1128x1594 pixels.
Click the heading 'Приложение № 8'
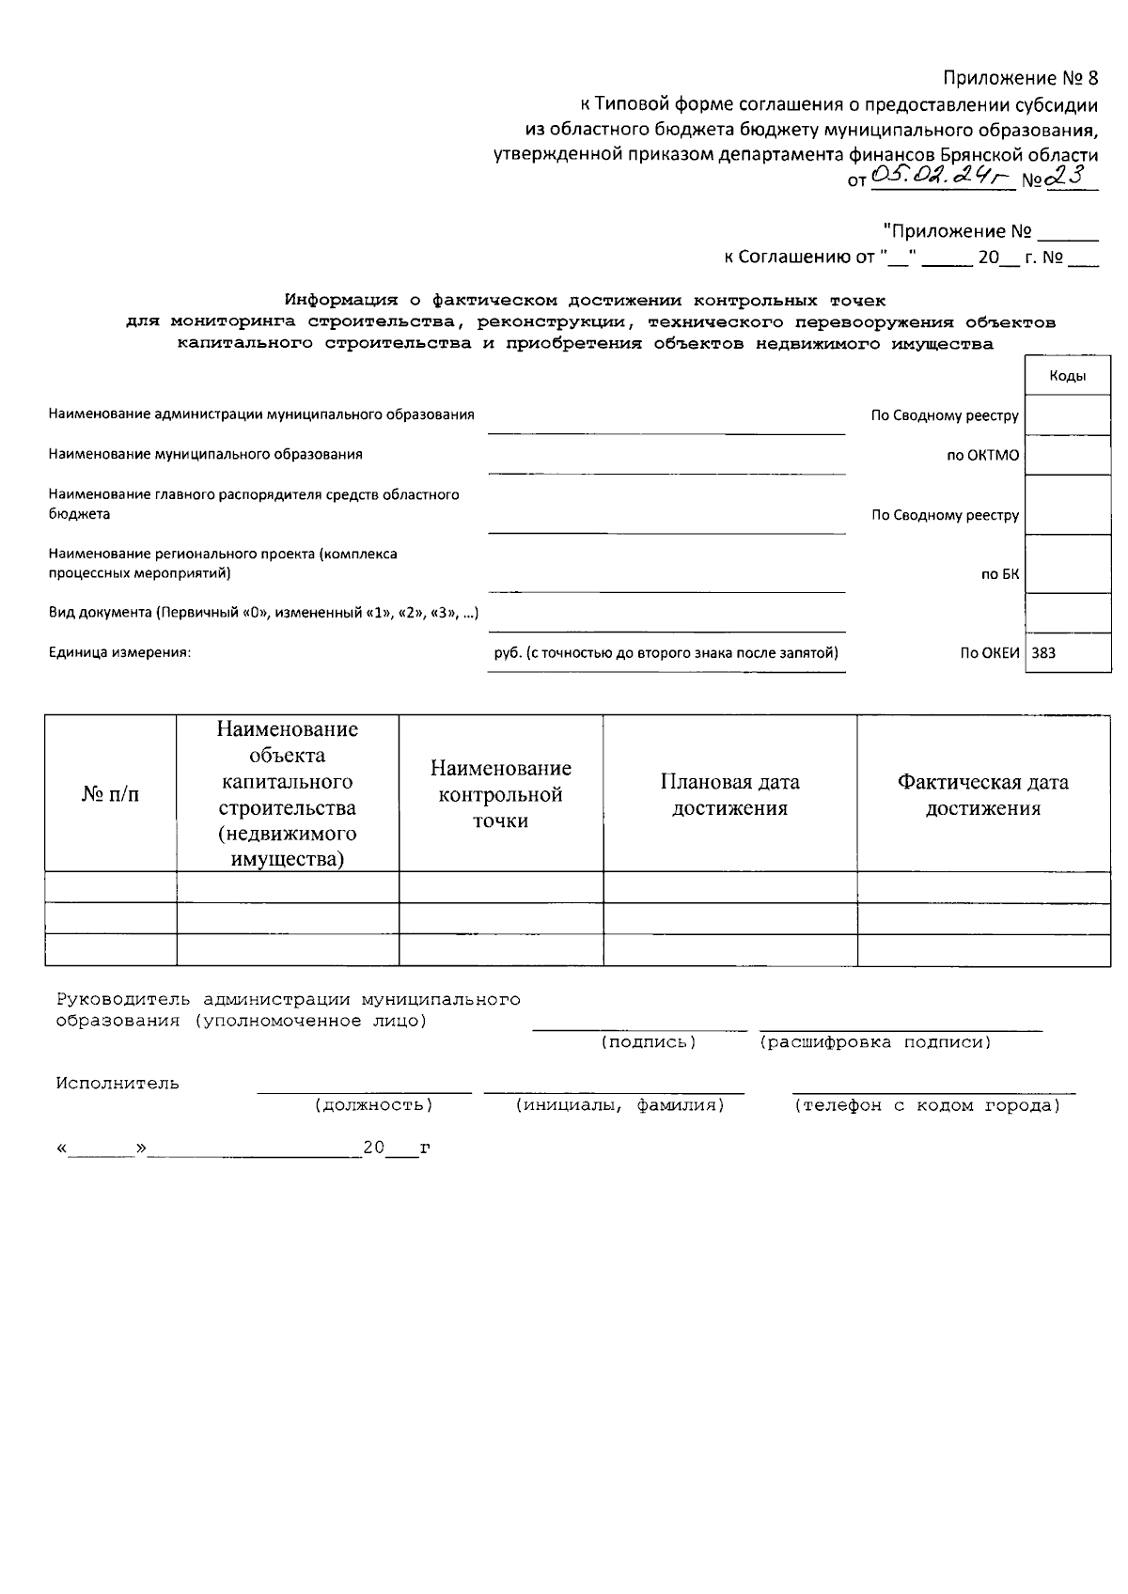click(x=1020, y=78)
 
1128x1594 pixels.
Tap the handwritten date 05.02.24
click(x=937, y=175)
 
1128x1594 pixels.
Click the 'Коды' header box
click(x=1068, y=376)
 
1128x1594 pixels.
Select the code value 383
click(x=1043, y=652)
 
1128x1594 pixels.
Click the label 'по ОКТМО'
click(x=982, y=455)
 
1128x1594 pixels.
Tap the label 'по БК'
click(x=1000, y=574)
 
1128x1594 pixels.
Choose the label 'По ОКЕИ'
click(x=989, y=652)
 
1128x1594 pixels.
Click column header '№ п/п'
click(x=110, y=794)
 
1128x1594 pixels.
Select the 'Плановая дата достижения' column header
click(x=729, y=794)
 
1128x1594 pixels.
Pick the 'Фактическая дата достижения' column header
click(x=982, y=794)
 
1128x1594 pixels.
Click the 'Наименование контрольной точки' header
click(x=500, y=794)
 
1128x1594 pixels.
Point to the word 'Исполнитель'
click(x=117, y=1083)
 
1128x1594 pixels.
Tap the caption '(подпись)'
click(x=649, y=1042)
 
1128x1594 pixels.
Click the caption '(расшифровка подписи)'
click(x=875, y=1042)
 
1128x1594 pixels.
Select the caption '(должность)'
click(x=374, y=1105)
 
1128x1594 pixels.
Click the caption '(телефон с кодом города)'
click(x=927, y=1105)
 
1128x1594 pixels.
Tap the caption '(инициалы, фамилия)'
click(x=619, y=1105)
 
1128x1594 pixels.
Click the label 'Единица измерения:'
click(x=119, y=652)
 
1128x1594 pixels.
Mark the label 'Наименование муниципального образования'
click(x=205, y=454)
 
